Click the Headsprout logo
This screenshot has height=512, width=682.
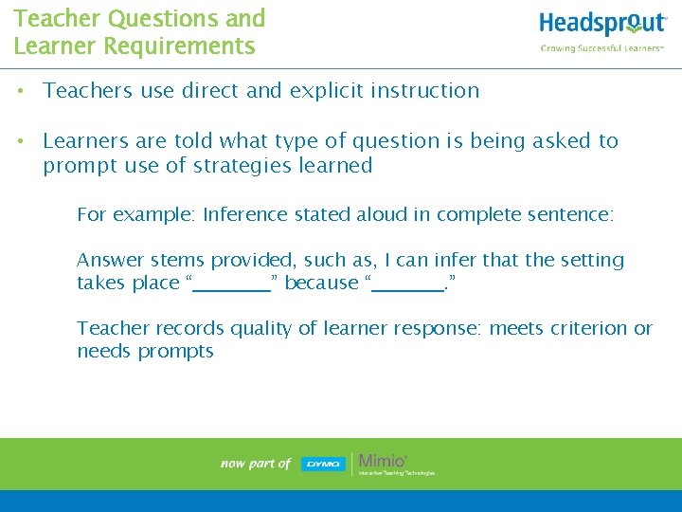click(x=602, y=25)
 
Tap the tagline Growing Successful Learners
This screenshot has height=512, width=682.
click(x=601, y=48)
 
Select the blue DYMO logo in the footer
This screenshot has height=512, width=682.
click(x=323, y=464)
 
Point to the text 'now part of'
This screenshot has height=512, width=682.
click(x=255, y=464)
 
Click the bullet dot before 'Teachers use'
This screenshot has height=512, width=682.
click(x=19, y=92)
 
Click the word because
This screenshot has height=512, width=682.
click(x=321, y=283)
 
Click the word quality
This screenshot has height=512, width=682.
click(x=254, y=328)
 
